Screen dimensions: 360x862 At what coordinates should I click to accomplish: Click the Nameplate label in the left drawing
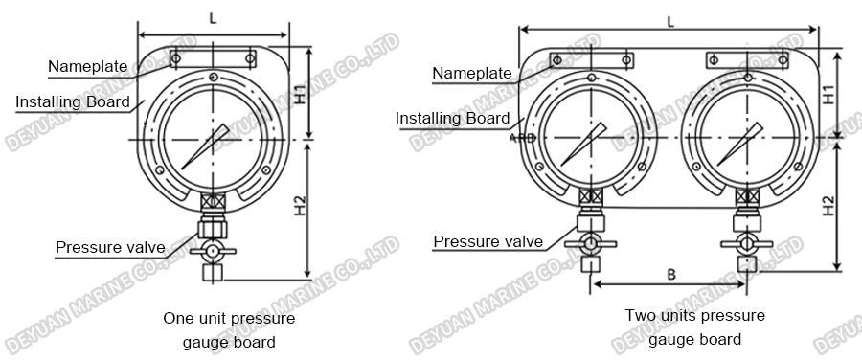(88, 66)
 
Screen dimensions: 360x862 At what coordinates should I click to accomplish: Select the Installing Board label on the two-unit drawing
(453, 119)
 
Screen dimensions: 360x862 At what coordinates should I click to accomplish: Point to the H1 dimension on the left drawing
(300, 94)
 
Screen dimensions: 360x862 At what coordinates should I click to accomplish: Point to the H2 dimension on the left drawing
(300, 206)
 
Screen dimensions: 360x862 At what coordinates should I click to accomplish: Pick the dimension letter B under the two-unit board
(671, 275)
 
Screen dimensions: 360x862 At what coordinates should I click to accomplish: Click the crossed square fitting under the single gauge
(212, 202)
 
